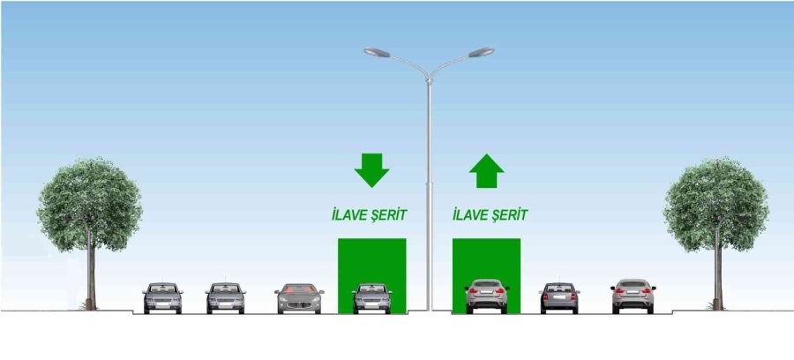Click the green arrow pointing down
pos(371,169)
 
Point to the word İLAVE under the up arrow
pos(468,214)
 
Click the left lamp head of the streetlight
pos(377,52)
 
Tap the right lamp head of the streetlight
pos(482,52)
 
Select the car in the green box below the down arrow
pos(371,297)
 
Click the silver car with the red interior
pos(299,298)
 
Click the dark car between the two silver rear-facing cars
pos(559,297)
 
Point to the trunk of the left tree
pos(90,274)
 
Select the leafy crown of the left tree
pos(89,203)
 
